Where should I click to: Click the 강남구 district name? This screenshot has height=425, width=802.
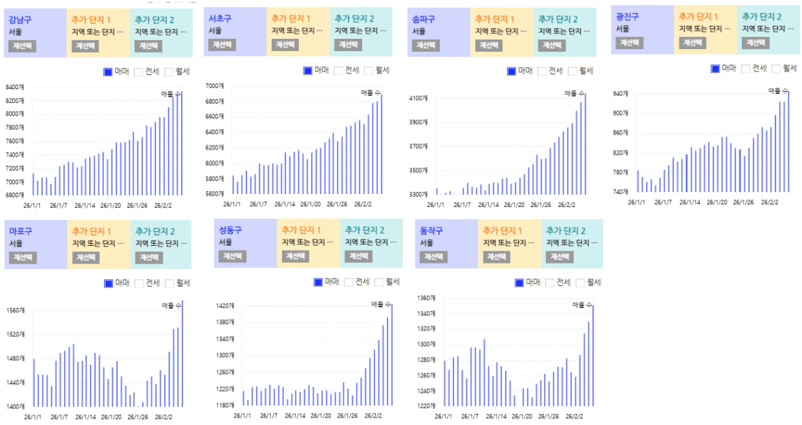pos(20,19)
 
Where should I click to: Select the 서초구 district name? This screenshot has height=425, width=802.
pos(220,18)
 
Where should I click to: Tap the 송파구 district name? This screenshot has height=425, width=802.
pos(423,19)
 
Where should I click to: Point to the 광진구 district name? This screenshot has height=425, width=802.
pos(627,16)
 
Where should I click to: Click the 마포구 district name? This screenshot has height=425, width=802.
pos(20,231)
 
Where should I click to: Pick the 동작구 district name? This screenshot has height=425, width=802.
pos(432,230)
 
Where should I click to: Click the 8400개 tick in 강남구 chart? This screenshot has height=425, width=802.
pos(15,87)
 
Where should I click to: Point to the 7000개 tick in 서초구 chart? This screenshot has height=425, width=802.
pos(214,86)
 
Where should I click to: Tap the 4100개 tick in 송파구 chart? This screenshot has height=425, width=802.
pos(418,99)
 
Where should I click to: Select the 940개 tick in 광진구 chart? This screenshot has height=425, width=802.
pos(620,93)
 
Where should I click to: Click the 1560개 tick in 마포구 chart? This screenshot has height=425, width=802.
pos(15,311)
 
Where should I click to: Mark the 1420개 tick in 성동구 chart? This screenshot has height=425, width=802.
pos(225,306)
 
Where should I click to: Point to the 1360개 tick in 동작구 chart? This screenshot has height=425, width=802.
pos(426,298)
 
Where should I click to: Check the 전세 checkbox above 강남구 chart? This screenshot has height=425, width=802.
pos(138,72)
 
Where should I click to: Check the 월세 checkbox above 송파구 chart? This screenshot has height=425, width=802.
pos(572,71)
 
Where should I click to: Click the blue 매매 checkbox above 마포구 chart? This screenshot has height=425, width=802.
pos(108,283)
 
